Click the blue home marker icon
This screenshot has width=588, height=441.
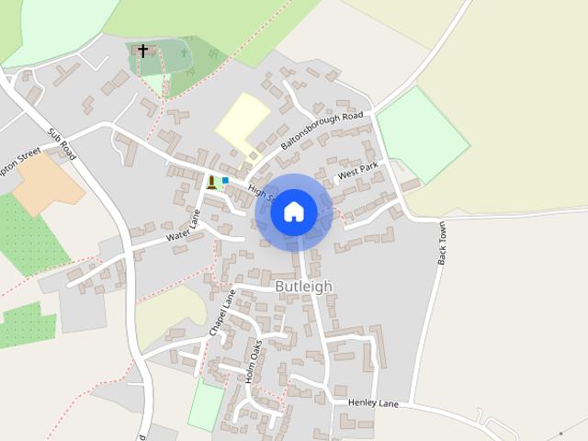coord(294,212)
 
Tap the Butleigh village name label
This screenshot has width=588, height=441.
coord(304,287)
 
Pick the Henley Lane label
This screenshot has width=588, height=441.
coord(373,402)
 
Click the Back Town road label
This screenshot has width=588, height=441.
coord(443,242)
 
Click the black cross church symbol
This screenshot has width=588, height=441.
coord(142,51)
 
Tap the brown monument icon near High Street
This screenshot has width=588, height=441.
coord(212,182)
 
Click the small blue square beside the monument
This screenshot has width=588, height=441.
coord(225,180)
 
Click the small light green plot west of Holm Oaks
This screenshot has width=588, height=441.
coord(206,405)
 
